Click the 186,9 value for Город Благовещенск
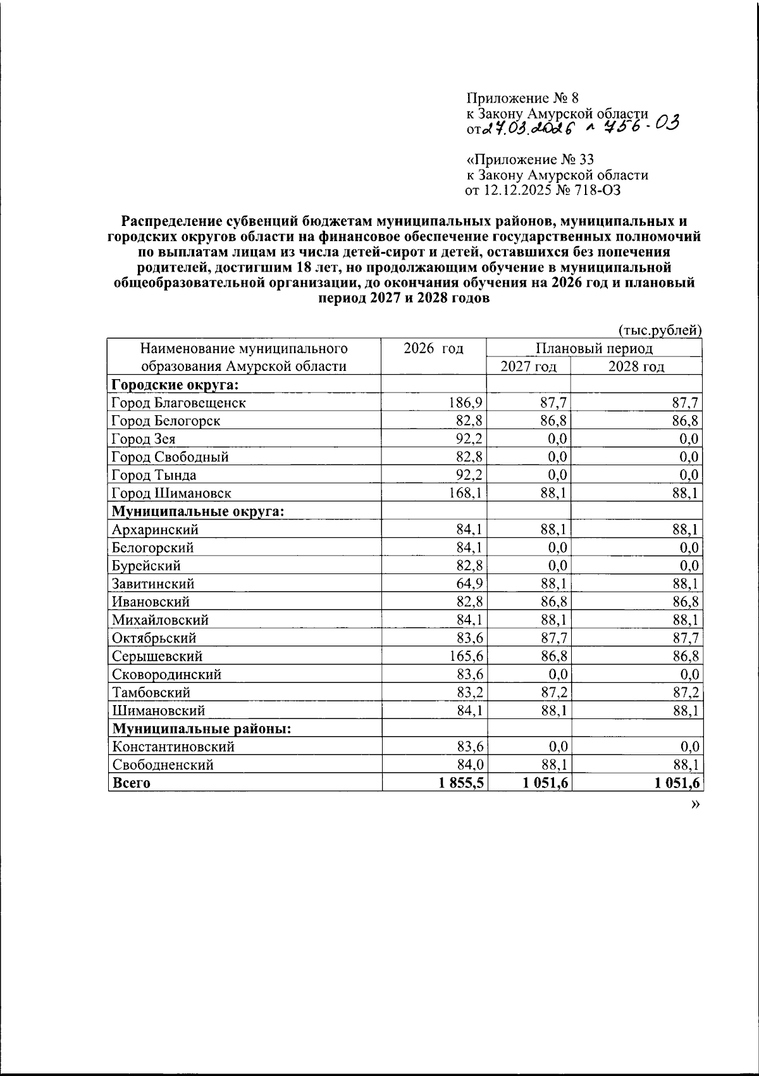click(x=466, y=403)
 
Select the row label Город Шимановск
click(x=171, y=493)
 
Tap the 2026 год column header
click(x=433, y=348)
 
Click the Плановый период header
click(x=594, y=348)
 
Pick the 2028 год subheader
click(x=636, y=366)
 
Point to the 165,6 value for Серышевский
click(x=466, y=656)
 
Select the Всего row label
click(x=131, y=783)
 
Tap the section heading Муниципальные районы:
click(x=201, y=729)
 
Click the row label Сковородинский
click(x=166, y=675)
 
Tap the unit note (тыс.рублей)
click(x=658, y=330)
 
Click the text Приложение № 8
click(x=522, y=97)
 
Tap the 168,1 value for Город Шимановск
click(x=466, y=493)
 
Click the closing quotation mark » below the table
click(x=696, y=804)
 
